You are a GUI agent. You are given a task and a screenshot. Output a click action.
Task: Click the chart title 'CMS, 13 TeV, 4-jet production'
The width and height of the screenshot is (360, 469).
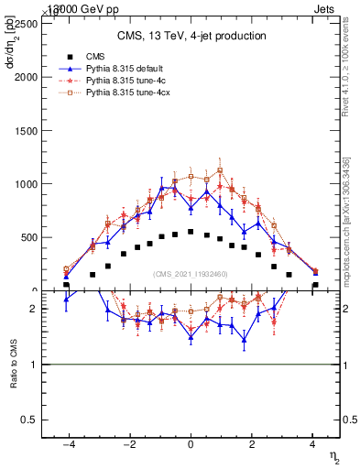point(191,36)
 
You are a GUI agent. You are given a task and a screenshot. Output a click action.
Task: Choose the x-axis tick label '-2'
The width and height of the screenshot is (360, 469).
point(128,445)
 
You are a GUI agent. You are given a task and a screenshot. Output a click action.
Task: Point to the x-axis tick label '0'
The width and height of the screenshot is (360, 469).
point(191,445)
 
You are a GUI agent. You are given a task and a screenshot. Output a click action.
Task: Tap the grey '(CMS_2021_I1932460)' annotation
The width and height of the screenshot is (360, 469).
point(191,274)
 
